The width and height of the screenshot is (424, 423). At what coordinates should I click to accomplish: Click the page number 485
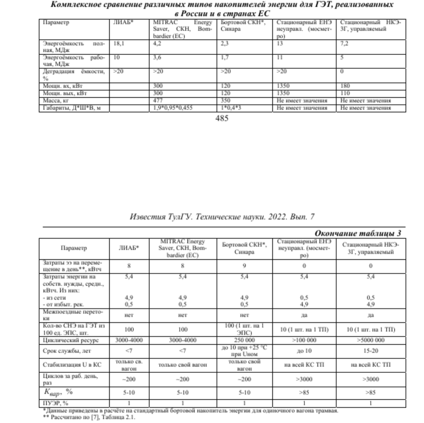222,118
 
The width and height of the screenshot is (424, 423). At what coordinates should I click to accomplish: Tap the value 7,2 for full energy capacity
344,43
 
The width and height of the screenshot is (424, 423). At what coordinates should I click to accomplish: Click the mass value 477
158,100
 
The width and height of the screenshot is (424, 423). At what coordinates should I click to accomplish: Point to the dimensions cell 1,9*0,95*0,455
172,108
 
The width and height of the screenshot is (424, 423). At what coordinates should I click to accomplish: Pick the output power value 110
345,93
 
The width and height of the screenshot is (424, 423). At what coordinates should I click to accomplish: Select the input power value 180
345,86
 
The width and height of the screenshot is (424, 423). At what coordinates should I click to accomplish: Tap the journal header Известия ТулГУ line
222,217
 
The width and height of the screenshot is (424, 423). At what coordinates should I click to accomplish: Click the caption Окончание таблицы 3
358,233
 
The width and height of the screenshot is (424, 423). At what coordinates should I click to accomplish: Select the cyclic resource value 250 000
244,340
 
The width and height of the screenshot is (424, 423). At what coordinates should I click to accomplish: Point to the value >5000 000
371,340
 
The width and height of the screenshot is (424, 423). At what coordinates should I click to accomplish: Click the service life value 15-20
371,351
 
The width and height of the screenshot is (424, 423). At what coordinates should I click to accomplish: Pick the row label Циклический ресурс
71,340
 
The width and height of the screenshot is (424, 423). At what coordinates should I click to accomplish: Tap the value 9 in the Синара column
244,266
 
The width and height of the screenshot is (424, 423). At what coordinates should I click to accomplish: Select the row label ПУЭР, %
55,403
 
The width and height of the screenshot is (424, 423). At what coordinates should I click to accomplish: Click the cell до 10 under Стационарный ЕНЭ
304,351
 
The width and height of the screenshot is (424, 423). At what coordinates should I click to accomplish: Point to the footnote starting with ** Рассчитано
89,417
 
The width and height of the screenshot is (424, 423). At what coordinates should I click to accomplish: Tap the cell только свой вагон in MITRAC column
183,365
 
